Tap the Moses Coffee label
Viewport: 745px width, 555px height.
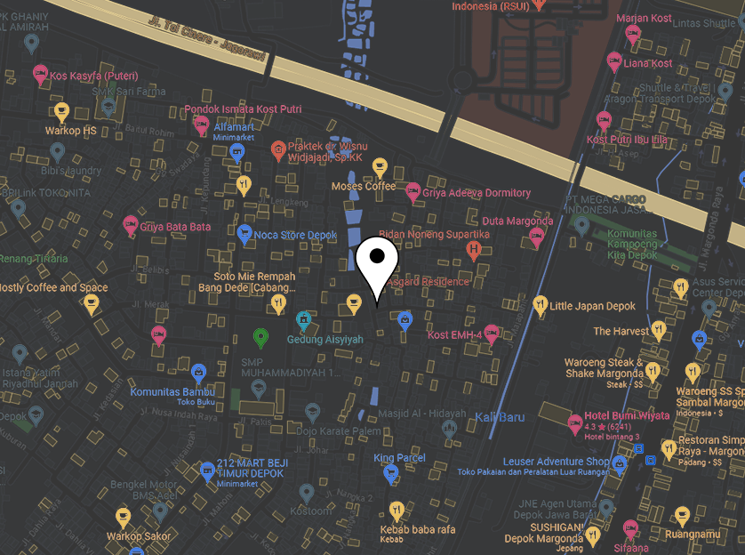(x=363, y=187)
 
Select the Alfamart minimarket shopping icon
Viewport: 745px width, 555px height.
(x=236, y=151)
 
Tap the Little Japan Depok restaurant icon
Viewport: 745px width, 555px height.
(x=540, y=306)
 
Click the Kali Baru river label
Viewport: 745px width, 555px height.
(x=500, y=416)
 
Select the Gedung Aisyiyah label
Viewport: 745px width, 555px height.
(x=325, y=340)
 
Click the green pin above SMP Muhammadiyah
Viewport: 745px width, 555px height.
(x=260, y=337)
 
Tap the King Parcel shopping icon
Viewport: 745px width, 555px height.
(x=390, y=473)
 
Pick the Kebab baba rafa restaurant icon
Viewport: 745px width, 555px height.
(x=397, y=510)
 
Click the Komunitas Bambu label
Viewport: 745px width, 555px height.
(x=166, y=391)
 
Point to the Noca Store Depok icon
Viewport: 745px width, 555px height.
(x=244, y=234)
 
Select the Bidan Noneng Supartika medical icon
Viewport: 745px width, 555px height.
(x=474, y=249)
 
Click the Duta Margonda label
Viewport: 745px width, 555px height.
(x=517, y=221)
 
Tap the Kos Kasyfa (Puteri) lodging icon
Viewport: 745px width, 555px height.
(x=40, y=74)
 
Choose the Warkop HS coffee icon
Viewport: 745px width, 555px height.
(x=61, y=112)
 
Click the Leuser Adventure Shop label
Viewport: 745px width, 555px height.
(x=557, y=462)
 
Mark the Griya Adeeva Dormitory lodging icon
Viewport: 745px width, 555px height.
(x=413, y=191)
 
